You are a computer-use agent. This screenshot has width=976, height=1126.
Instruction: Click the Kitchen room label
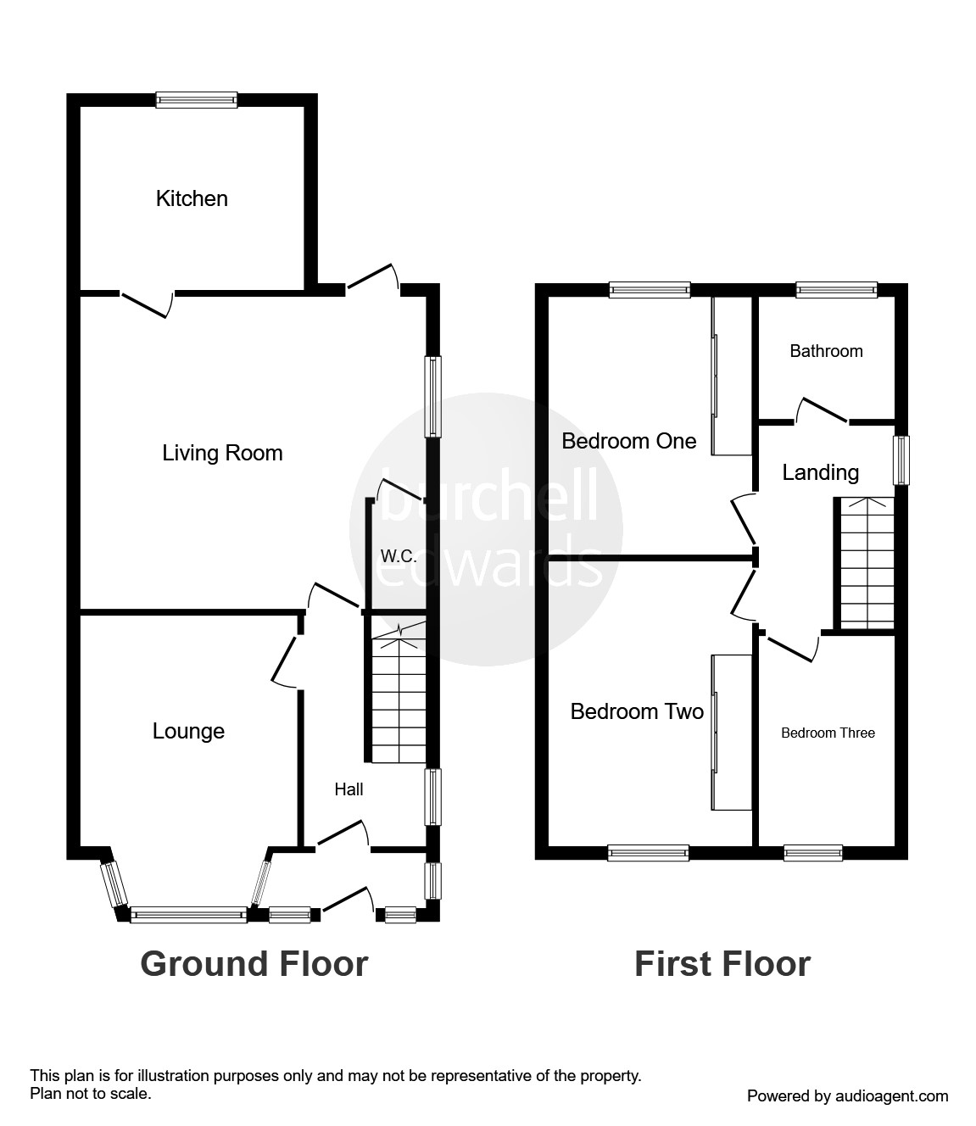(x=192, y=198)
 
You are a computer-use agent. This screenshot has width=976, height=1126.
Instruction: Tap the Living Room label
(x=222, y=453)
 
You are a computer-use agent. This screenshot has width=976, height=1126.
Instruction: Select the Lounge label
(x=188, y=731)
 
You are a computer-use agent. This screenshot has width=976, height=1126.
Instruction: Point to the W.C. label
(x=398, y=556)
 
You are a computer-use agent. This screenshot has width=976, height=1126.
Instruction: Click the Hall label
(x=349, y=789)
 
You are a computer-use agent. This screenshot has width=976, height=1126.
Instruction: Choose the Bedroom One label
(x=628, y=441)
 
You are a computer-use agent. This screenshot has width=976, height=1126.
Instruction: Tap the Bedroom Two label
(x=637, y=711)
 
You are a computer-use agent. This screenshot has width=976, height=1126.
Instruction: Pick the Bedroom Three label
(x=828, y=733)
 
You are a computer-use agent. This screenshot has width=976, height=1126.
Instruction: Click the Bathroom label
(x=826, y=351)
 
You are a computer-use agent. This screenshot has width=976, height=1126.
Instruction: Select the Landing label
(x=820, y=472)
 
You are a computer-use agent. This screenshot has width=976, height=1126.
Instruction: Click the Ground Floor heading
(x=254, y=964)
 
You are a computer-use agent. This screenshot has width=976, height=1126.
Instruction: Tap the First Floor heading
(x=722, y=964)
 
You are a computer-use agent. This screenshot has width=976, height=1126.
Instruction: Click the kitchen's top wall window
(x=197, y=100)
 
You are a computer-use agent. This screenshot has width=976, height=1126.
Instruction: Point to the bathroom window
(x=835, y=290)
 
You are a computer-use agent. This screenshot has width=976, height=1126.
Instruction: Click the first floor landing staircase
(x=867, y=563)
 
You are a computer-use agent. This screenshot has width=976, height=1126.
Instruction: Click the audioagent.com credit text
(x=847, y=1096)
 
